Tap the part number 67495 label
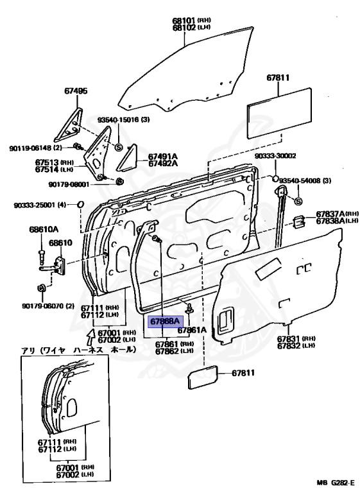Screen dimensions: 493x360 point(75,92)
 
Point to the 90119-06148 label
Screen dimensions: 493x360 point(31,148)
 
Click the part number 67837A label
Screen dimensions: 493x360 point(332,214)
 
